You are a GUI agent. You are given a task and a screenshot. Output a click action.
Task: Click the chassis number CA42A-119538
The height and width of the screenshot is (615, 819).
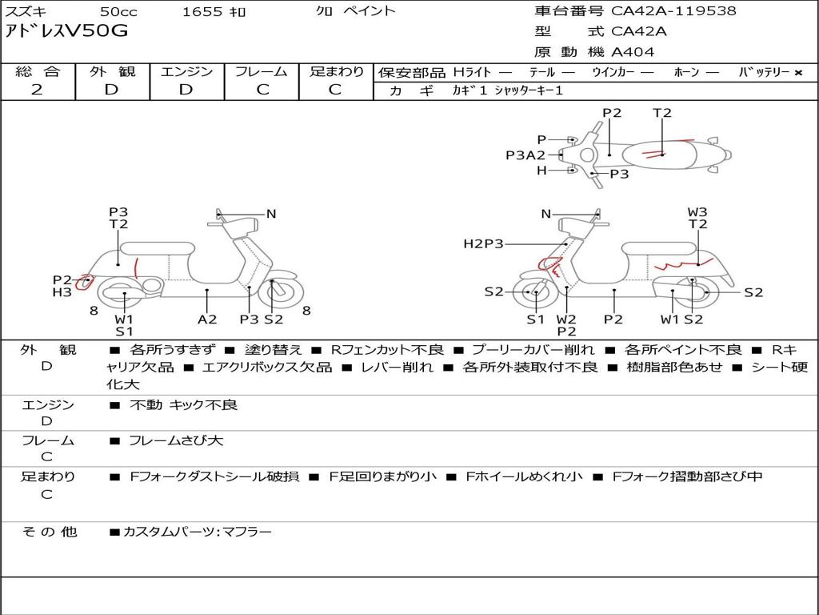(673, 11)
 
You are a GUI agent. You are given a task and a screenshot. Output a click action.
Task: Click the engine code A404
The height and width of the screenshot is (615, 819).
(633, 52)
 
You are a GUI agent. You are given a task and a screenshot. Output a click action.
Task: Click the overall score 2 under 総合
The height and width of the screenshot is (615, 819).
(37, 90)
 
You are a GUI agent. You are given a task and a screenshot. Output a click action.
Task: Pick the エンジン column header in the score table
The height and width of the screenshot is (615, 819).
(186, 71)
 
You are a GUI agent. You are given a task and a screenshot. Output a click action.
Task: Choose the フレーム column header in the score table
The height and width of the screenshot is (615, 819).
(262, 71)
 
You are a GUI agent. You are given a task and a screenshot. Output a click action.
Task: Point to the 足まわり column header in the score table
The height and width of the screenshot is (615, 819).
(337, 71)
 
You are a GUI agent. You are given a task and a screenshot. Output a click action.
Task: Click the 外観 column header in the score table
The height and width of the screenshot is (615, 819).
(112, 71)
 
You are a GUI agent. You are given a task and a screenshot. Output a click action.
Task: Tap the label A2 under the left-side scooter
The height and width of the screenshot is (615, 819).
(207, 319)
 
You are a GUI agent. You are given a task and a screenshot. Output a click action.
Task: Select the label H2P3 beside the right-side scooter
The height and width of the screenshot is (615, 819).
(483, 243)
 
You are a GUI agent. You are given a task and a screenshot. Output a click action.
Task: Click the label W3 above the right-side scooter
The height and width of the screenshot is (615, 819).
(697, 212)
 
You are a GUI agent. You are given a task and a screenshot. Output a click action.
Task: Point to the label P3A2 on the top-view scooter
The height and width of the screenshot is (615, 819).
(525, 155)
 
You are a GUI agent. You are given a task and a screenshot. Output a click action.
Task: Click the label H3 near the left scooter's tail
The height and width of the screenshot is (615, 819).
(62, 292)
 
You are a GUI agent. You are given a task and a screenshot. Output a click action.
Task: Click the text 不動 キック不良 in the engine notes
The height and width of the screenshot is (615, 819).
(183, 405)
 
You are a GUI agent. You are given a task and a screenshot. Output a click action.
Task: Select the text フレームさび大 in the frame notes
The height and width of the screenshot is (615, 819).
(176, 440)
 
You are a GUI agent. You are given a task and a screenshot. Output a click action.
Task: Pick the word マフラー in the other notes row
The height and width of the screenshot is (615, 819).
(246, 531)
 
